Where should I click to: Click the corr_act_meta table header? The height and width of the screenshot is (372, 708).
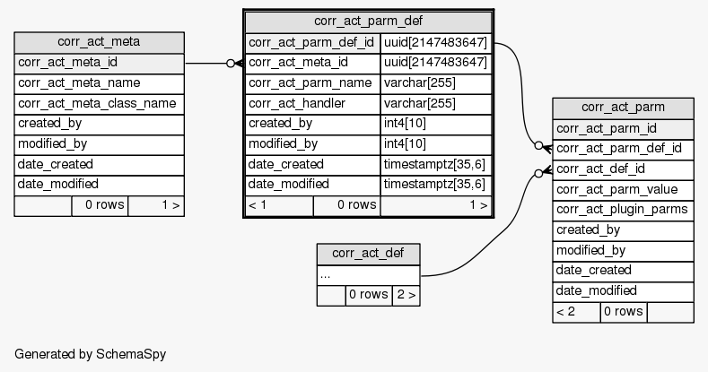tap(99, 41)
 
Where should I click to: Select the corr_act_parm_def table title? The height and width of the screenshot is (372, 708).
tap(368, 21)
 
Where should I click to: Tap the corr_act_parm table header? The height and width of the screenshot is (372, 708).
tap(623, 108)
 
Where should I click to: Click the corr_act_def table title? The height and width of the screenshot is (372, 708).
tap(368, 253)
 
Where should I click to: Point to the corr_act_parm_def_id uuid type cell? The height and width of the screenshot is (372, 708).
tap(435, 42)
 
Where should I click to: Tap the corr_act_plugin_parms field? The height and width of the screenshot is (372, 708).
tap(623, 210)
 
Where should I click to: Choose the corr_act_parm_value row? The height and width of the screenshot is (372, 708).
tap(623, 189)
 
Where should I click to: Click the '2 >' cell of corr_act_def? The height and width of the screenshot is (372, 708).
tap(406, 294)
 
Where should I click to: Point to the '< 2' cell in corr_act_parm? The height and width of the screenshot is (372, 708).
tap(575, 312)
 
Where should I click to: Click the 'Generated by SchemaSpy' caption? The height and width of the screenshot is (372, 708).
tap(90, 354)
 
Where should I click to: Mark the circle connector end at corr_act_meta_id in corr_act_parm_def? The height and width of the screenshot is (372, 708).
tap(232, 63)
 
